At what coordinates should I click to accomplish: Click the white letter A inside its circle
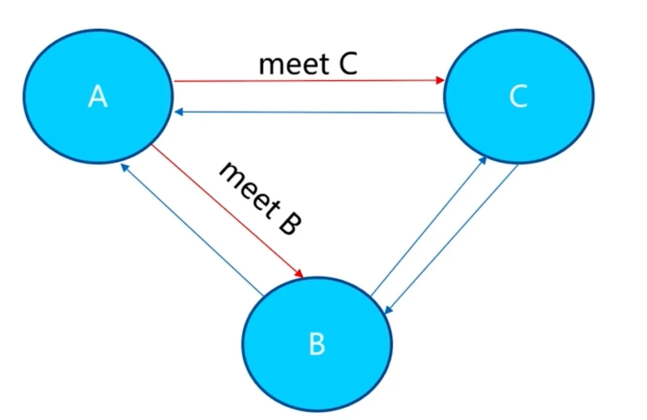(x=98, y=96)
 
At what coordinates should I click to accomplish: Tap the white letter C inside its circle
(x=518, y=96)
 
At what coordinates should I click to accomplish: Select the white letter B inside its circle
(x=317, y=344)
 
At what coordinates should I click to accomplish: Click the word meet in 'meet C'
(x=294, y=65)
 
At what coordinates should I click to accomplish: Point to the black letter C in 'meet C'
(x=348, y=64)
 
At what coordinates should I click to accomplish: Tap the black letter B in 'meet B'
(x=290, y=225)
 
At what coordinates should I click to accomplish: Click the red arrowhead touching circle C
(x=440, y=80)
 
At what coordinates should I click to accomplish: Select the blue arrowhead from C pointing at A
(x=179, y=112)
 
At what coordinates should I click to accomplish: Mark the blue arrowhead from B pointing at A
(x=124, y=167)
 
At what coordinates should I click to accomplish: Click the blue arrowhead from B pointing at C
(x=483, y=161)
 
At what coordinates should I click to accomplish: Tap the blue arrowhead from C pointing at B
(x=388, y=310)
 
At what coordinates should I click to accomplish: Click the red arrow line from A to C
(x=309, y=81)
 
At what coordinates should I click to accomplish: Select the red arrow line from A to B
(x=227, y=211)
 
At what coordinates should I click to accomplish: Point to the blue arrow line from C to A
(x=309, y=112)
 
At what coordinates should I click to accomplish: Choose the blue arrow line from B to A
(x=192, y=230)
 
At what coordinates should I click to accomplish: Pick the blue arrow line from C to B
(x=451, y=239)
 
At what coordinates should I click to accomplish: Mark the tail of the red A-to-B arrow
(x=152, y=145)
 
